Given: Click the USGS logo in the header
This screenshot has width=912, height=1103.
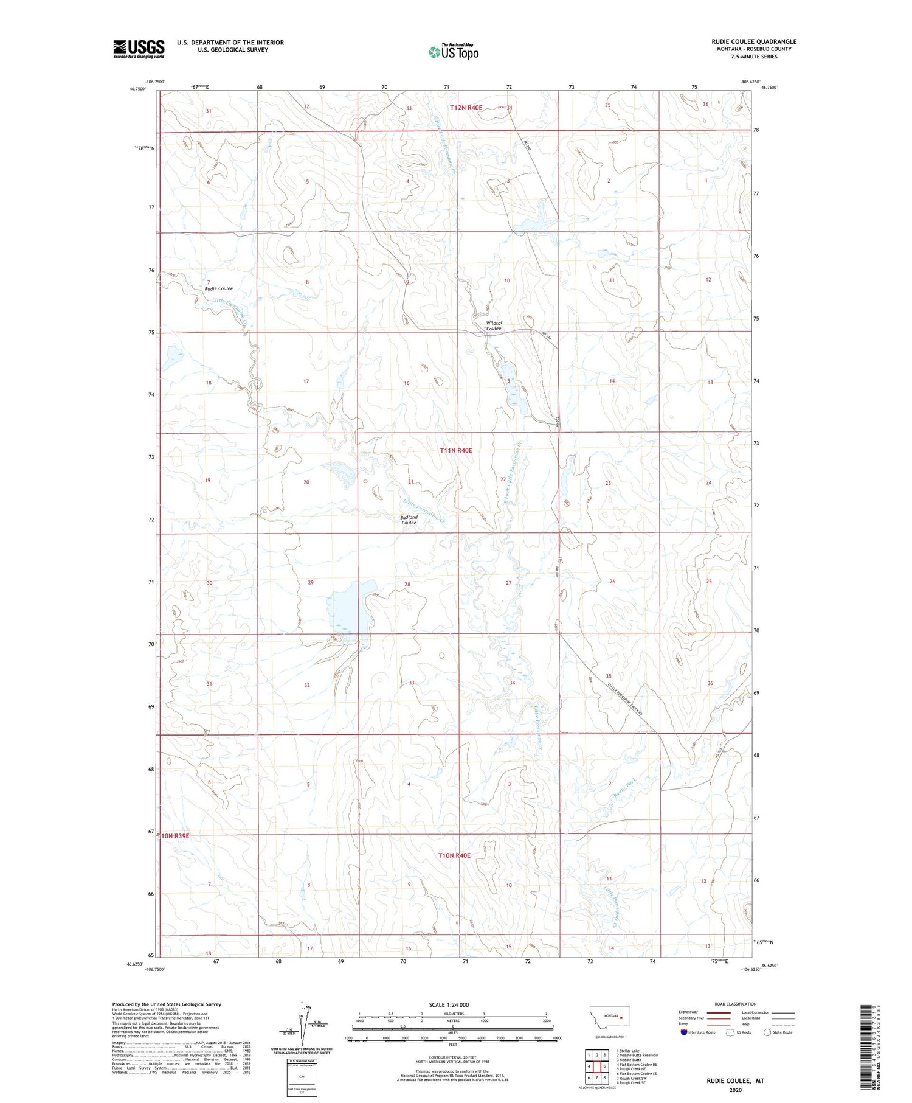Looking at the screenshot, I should click(x=139, y=48).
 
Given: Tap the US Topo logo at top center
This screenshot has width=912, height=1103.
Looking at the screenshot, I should click(x=454, y=52).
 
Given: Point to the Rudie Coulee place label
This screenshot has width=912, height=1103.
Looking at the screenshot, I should click(x=218, y=288).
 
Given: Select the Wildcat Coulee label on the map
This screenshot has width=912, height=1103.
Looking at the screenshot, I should click(x=494, y=325).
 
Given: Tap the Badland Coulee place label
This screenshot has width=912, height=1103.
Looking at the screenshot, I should click(x=409, y=520).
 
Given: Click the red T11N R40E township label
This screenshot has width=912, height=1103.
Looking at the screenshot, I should click(x=455, y=450).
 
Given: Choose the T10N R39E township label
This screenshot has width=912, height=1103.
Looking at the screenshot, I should click(x=174, y=836).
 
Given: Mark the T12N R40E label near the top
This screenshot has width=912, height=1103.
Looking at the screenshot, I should click(x=466, y=108).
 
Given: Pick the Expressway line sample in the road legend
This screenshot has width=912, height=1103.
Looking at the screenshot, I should click(x=722, y=1012).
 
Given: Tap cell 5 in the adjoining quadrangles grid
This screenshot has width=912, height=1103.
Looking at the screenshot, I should click(x=604, y=1066).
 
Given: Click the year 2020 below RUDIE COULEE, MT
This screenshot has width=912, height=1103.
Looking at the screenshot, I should click(x=734, y=1090).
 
